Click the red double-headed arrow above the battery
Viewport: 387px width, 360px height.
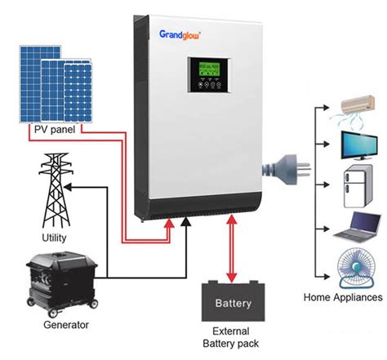click(234, 248)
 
